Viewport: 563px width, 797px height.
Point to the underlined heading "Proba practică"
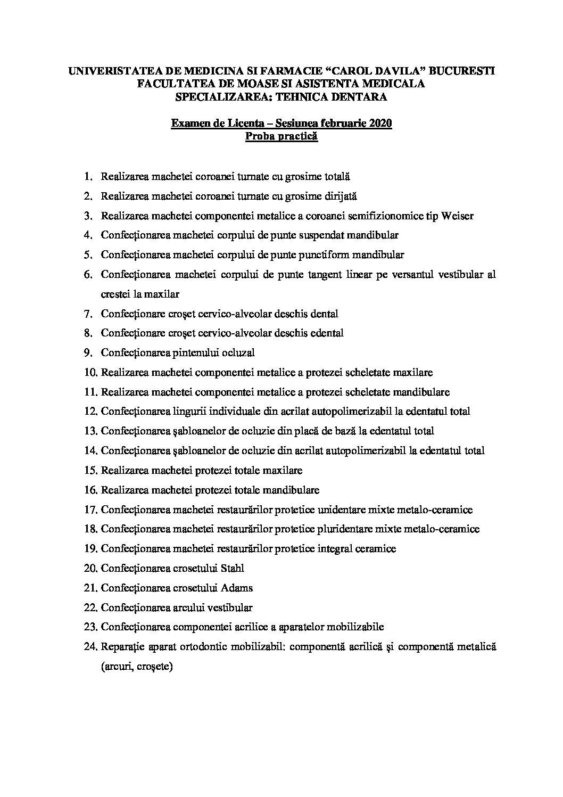[281, 137]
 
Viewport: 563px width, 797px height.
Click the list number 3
[88, 216]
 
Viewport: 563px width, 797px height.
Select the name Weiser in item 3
[456, 216]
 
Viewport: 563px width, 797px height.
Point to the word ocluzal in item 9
[238, 353]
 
